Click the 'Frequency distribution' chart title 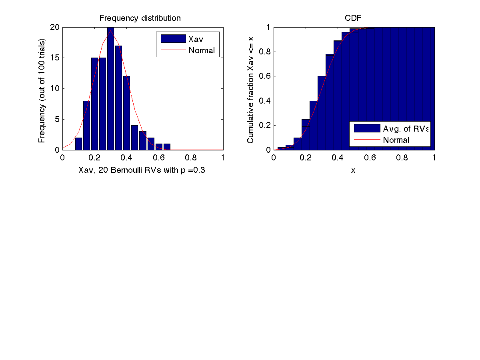click(140, 18)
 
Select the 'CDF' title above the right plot click(354, 18)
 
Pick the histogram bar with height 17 click(118, 98)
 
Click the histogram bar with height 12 click(126, 113)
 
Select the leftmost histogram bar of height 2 click(78, 144)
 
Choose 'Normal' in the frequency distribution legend click(202, 50)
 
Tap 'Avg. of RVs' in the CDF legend click(406, 129)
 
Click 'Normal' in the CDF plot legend click(396, 140)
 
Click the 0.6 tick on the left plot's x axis click(159, 158)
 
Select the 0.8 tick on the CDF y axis click(265, 52)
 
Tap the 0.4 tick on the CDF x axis click(338, 158)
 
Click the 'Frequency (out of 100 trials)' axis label click(42, 90)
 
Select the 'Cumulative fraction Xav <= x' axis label click(251, 89)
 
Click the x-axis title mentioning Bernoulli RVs click(143, 170)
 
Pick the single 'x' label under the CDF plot click(353, 170)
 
